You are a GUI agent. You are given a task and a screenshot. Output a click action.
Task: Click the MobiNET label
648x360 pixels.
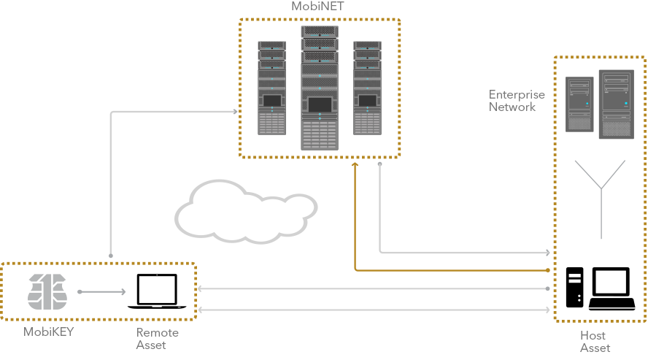318,7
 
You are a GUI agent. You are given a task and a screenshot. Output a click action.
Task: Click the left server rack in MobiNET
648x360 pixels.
271,88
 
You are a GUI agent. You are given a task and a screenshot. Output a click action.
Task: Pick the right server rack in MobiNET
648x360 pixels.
367,88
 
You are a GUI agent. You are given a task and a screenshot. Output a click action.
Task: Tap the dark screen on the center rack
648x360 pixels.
320,104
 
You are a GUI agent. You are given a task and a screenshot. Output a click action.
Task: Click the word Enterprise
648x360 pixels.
517,95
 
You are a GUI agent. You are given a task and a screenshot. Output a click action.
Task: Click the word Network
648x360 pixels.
512,107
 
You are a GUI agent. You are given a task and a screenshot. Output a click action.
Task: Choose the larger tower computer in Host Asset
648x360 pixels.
615,104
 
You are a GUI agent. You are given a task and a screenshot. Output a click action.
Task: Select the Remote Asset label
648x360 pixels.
157,338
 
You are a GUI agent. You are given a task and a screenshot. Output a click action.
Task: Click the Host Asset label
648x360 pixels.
594,341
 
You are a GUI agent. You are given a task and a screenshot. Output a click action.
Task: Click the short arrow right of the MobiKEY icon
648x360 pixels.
102,292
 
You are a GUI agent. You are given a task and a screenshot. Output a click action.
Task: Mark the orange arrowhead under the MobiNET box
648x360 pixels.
355,166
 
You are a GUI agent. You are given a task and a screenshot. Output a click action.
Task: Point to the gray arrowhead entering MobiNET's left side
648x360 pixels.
235,112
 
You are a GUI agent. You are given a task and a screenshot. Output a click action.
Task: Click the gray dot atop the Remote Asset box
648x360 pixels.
110,256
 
